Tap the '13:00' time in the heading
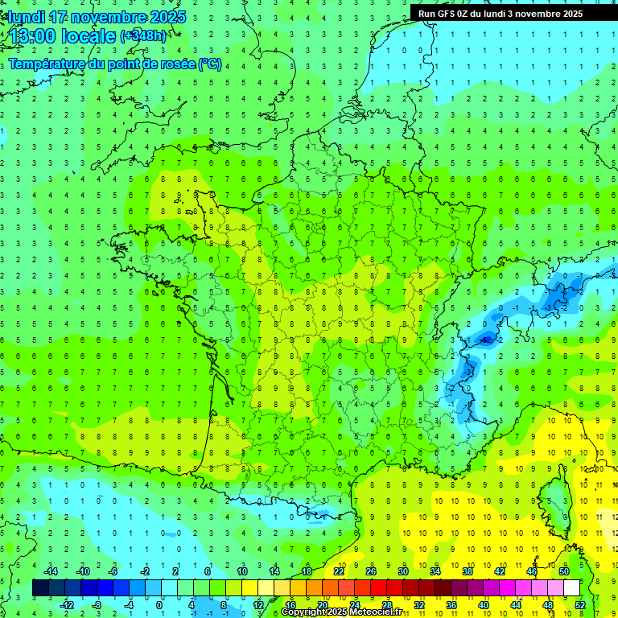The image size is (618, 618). (x=37, y=35)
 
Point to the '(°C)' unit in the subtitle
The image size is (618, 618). (x=211, y=64)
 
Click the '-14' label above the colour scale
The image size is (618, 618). (x=50, y=571)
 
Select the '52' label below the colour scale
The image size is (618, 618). (x=581, y=605)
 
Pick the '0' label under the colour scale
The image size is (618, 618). (x=159, y=605)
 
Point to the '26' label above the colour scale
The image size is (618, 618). (x=370, y=571)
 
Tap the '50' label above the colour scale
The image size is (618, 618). (x=564, y=571)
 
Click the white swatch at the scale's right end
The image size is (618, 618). (x=571, y=588)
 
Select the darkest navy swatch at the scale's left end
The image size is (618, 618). (x=40, y=588)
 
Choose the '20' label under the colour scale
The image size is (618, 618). (x=322, y=605)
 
